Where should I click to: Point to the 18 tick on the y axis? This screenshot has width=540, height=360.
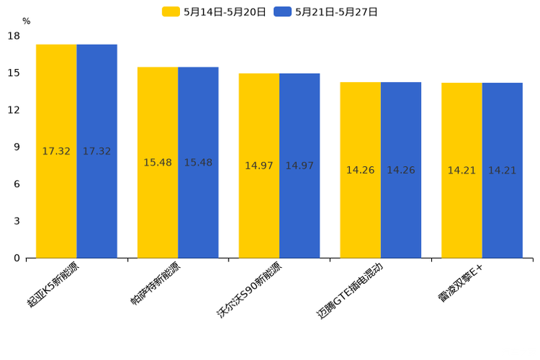(14, 36)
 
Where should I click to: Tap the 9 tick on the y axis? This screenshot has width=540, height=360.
(17, 147)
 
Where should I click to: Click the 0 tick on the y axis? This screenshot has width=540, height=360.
(17, 258)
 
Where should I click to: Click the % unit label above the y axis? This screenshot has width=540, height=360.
(26, 22)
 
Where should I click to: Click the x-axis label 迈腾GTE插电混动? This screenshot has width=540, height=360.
(350, 292)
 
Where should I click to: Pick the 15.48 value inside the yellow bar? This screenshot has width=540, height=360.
(157, 163)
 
